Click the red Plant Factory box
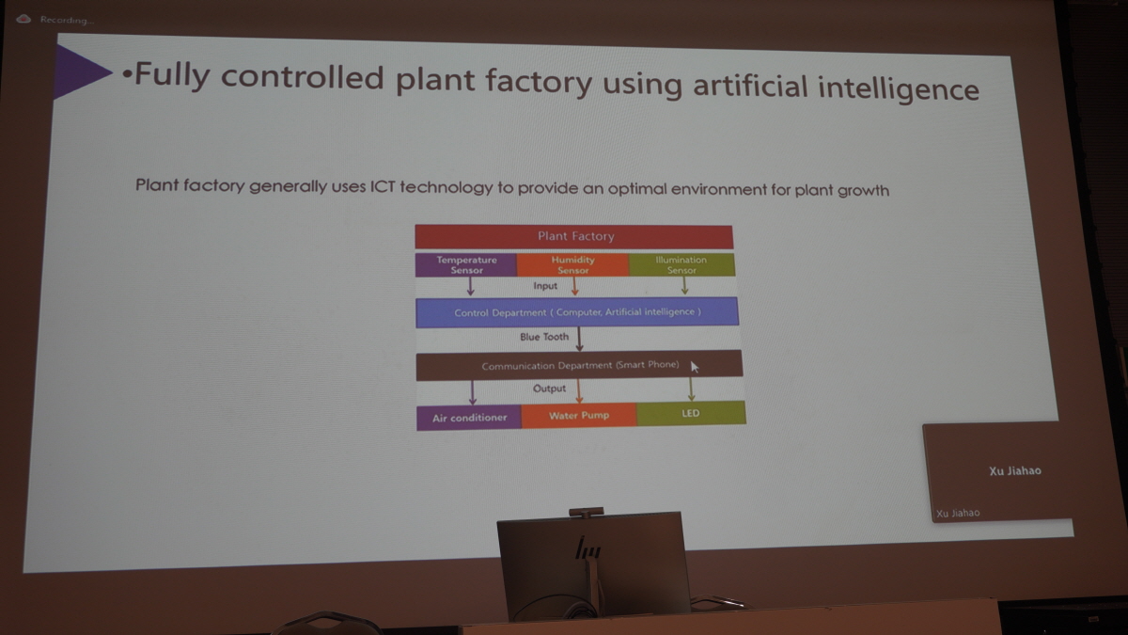tap(574, 236)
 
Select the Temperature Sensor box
tap(466, 265)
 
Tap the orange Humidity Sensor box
tap(573, 265)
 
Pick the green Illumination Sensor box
tap(681, 264)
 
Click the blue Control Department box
tap(577, 312)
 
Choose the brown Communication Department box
tap(579, 365)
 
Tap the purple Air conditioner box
tap(469, 418)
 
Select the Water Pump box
tap(579, 416)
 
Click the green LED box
tap(691, 413)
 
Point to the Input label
tap(545, 286)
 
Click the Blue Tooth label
tap(544, 337)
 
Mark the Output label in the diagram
tap(549, 389)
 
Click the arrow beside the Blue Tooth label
tap(580, 339)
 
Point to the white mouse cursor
tap(695, 367)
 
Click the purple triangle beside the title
tap(81, 71)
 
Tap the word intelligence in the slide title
tap(899, 88)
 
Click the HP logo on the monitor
tap(587, 548)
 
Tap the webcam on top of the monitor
tap(587, 513)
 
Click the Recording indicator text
tap(67, 20)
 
